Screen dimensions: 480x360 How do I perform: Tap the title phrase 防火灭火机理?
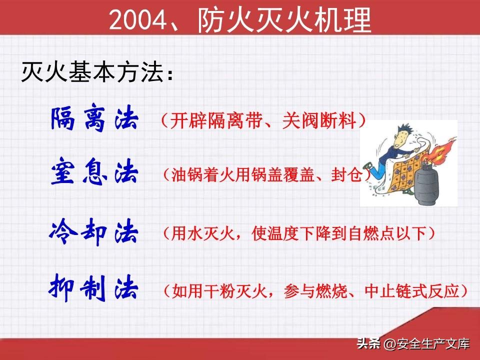(284, 20)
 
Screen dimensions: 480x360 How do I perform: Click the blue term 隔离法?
(94, 118)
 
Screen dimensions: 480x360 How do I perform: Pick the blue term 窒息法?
(94, 171)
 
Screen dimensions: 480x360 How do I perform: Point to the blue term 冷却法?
(93, 231)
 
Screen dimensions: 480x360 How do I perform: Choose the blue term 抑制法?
(93, 288)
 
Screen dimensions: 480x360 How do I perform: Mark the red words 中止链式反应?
(412, 291)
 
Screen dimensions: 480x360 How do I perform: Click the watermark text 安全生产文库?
(433, 344)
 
